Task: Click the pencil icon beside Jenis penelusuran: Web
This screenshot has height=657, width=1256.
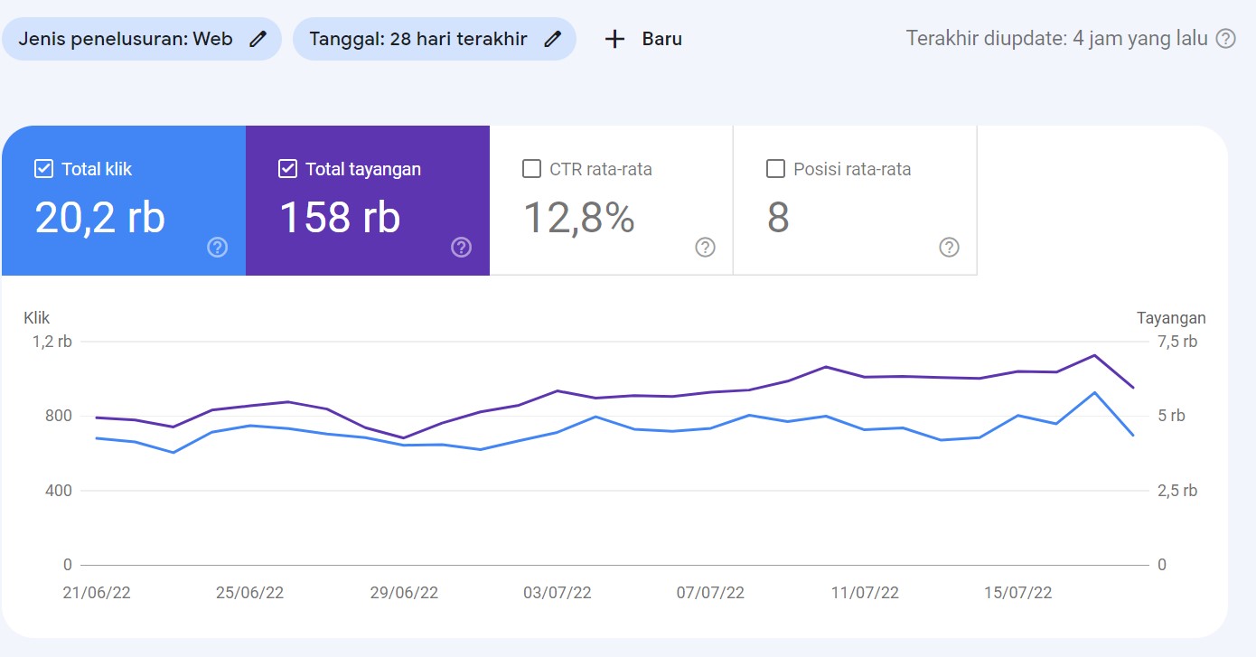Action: [258, 39]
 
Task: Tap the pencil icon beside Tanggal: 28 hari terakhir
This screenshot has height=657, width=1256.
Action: [553, 39]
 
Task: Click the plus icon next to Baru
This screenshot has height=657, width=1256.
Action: [614, 39]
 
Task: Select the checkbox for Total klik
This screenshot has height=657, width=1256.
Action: [43, 169]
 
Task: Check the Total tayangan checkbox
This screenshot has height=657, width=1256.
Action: [287, 169]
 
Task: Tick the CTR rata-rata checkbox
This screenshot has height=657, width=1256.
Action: [532, 169]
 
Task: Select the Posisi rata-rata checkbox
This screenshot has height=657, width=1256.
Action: [775, 169]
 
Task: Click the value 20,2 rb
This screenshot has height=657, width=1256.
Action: [100, 217]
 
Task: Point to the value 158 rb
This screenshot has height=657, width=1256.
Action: [340, 217]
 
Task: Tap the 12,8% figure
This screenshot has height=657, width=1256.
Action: [579, 217]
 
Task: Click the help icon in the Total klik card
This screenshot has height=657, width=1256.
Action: [217, 248]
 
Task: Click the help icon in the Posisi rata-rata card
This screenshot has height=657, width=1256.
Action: [949, 248]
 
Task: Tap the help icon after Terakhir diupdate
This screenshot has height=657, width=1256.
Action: [1225, 39]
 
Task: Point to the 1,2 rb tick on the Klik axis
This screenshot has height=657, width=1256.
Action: [52, 342]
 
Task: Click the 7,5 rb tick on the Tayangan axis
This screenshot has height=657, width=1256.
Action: [1177, 342]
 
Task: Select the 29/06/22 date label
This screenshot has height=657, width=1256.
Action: [404, 593]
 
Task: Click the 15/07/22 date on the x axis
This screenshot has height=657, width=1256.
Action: [1018, 593]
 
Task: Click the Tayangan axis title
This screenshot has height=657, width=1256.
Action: [1171, 318]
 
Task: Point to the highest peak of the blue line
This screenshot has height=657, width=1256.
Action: [1094, 392]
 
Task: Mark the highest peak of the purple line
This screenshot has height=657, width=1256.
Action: [1094, 355]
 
